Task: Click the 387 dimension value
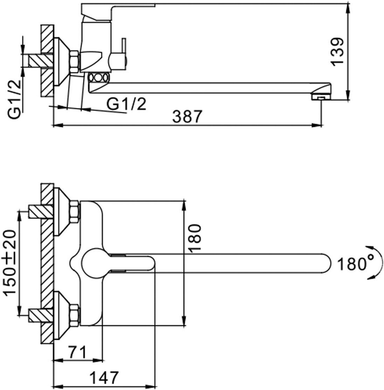[188, 116]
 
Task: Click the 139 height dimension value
[337, 51]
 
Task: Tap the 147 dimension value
[104, 378]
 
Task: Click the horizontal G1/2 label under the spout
[126, 104]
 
